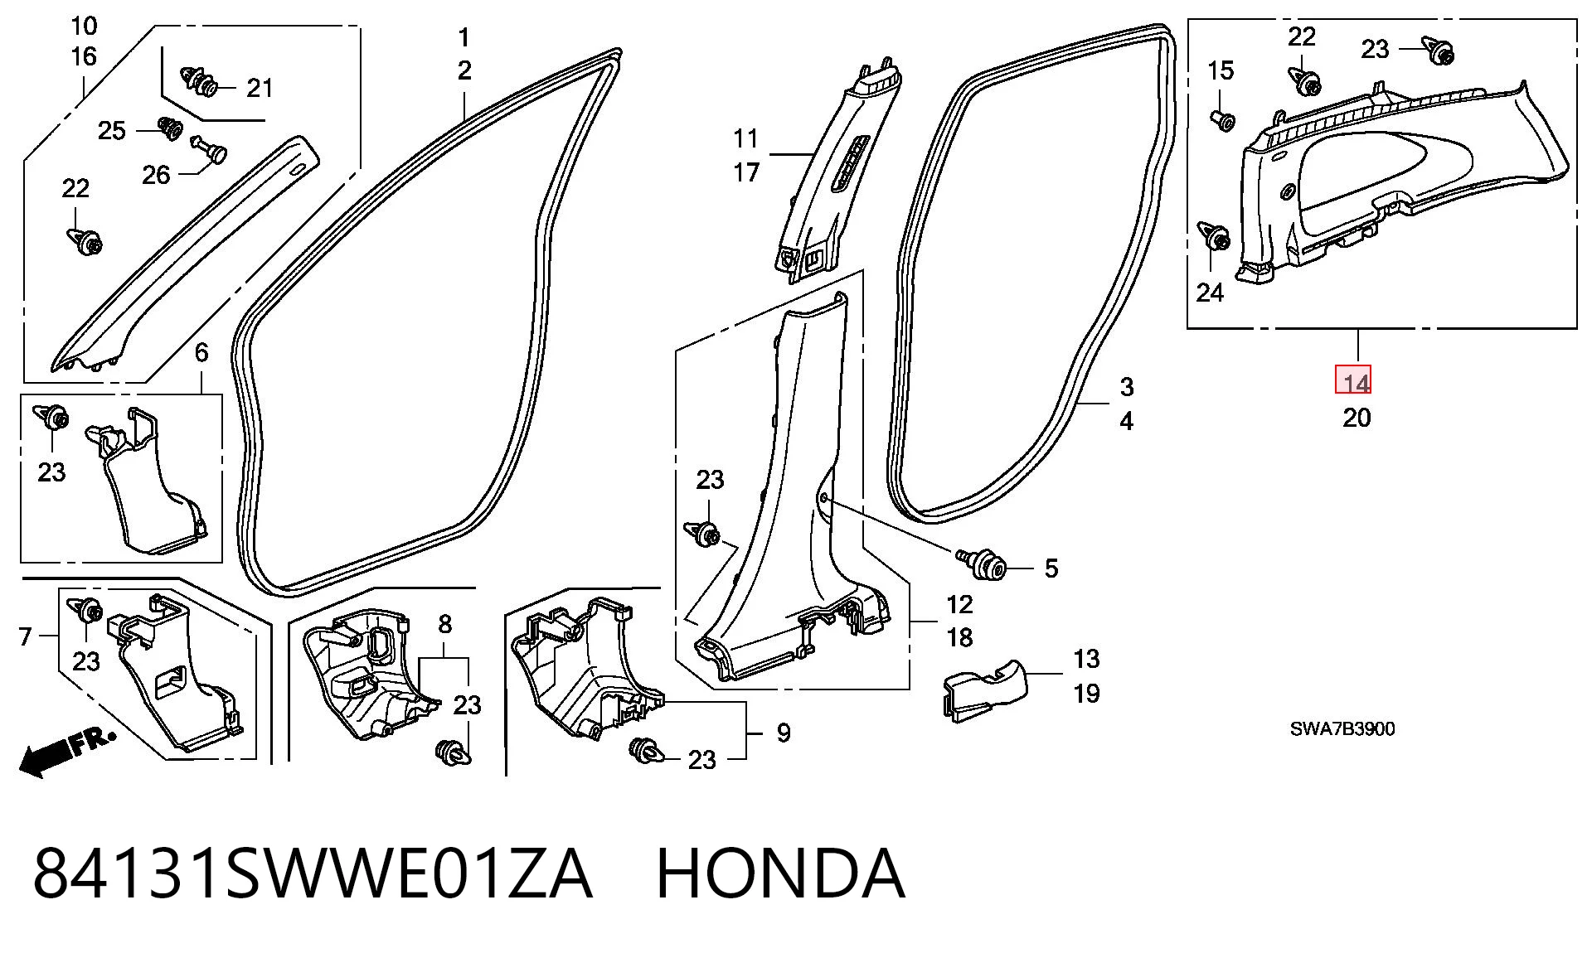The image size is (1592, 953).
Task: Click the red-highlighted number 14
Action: pos(1357,382)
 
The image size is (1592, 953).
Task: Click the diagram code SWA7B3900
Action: pos(1342,728)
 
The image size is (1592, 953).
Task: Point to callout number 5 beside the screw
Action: pos(1051,568)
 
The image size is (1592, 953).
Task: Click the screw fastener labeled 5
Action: pos(983,564)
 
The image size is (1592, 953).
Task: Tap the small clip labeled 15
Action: pos(1223,121)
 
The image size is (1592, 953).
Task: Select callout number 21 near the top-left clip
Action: pos(260,88)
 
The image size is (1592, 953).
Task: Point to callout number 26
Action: pos(156,175)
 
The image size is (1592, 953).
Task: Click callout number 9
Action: pos(784,733)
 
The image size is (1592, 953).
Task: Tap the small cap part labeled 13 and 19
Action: pos(985,688)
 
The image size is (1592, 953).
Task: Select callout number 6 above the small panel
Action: pos(201,353)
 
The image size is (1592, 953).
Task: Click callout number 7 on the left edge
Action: pos(25,636)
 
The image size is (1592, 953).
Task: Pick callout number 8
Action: pos(444,623)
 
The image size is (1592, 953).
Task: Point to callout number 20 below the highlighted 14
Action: pos(1357,418)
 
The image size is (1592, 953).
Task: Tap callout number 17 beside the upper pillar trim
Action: pos(746,172)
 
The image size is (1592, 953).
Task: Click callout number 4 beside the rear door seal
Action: pos(1126,421)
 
